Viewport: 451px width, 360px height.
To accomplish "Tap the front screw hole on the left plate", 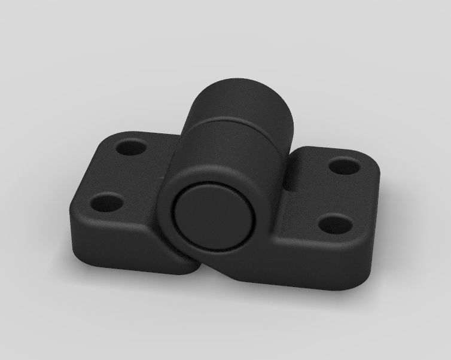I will (x=108, y=203).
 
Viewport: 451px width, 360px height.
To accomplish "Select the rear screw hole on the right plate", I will (x=343, y=165).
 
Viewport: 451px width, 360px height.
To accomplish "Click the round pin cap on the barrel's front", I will (x=213, y=215).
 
